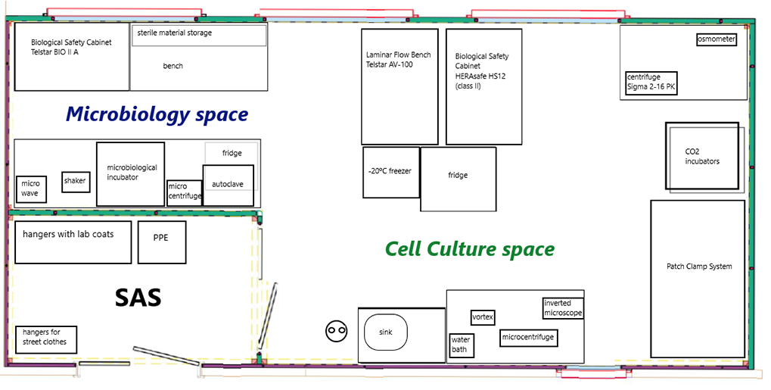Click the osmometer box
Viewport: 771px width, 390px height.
click(717, 39)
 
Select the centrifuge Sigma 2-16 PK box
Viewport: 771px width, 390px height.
click(651, 83)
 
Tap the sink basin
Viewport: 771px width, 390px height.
click(386, 332)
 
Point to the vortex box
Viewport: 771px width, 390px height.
click(483, 317)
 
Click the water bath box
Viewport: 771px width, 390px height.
click(461, 345)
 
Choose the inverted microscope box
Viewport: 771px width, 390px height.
click(563, 308)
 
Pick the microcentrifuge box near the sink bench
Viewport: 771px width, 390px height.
click(528, 337)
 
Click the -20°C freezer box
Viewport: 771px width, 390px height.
click(391, 172)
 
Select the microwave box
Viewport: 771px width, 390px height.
click(30, 189)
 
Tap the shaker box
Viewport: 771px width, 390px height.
click(76, 181)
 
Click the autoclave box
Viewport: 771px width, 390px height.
click(229, 185)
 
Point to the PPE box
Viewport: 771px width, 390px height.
click(162, 242)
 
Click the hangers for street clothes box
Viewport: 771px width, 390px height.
click(45, 339)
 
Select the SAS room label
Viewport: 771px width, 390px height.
click(138, 298)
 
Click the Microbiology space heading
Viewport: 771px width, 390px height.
click(157, 114)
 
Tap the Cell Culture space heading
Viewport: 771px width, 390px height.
click(470, 248)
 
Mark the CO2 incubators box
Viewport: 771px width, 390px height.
click(702, 156)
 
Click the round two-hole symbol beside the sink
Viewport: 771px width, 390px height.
click(337, 330)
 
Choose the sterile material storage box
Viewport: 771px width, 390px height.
click(199, 35)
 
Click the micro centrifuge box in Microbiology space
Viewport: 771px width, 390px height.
click(185, 192)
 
